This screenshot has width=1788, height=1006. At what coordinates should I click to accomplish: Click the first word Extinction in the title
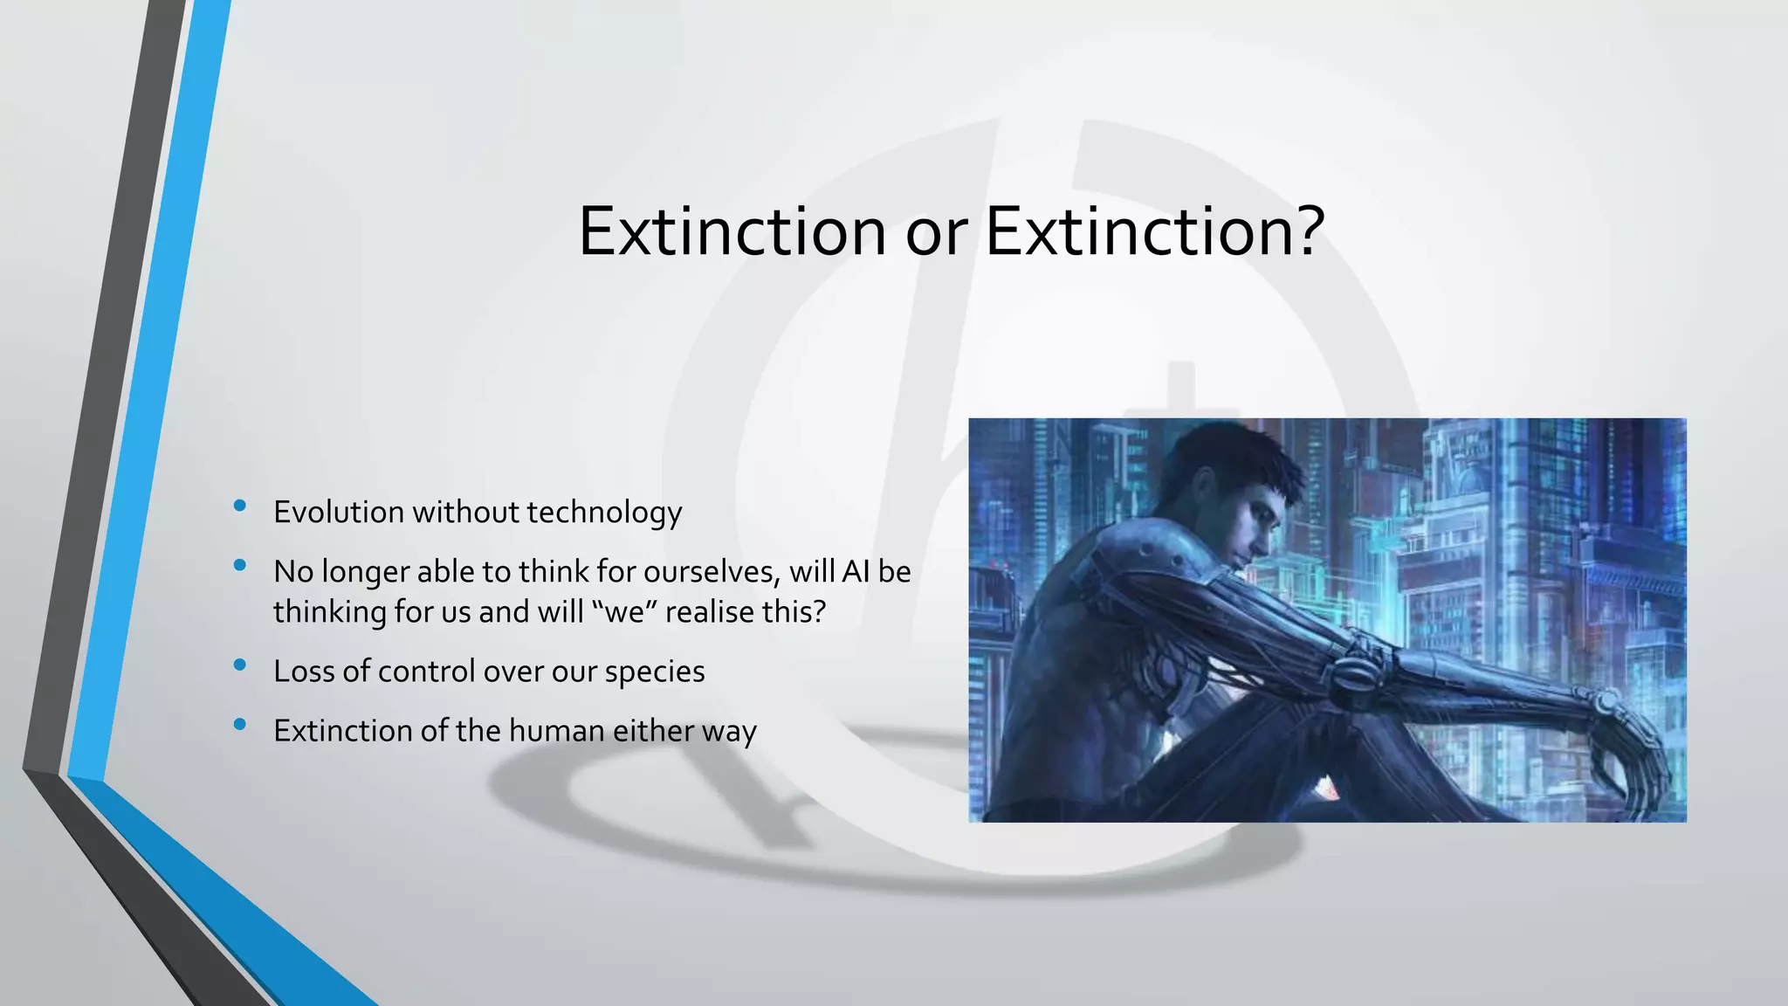click(732, 231)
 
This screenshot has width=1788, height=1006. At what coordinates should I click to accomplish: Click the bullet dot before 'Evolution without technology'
click(240, 506)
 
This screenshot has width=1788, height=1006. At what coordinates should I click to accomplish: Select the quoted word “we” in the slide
click(623, 611)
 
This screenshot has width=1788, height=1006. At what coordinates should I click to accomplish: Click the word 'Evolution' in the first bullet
click(338, 512)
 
